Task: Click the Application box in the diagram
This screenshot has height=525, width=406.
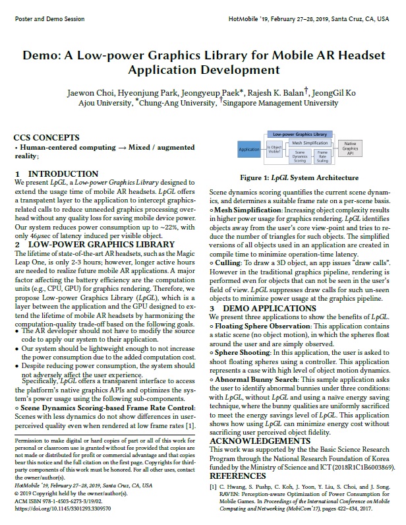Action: [248, 149]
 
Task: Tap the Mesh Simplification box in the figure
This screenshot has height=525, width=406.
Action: [310, 142]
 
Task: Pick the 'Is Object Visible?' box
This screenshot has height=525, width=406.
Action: [274, 150]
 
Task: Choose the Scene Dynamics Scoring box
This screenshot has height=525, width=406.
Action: [300, 157]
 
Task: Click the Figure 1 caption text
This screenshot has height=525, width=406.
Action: [299, 178]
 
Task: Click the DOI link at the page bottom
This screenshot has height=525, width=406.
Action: [62, 509]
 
